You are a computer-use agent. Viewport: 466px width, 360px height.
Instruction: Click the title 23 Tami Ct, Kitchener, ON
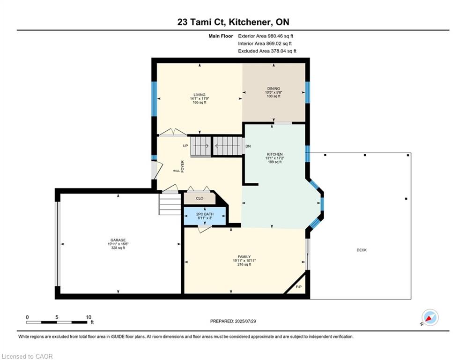(x=233, y=22)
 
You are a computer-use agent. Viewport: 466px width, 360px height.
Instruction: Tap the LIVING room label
(x=200, y=95)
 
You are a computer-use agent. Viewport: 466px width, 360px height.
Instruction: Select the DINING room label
(x=274, y=89)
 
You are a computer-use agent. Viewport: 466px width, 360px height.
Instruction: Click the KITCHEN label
(x=274, y=154)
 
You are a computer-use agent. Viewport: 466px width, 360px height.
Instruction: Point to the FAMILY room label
(x=244, y=257)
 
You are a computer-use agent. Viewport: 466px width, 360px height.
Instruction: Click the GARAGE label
(x=118, y=240)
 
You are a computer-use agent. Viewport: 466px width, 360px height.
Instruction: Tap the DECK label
(x=362, y=250)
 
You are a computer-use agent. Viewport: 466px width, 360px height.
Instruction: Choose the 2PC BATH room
(x=205, y=216)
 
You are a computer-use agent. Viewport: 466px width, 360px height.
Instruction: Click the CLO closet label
(x=200, y=198)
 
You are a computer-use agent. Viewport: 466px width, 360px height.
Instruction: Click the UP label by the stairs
(x=185, y=146)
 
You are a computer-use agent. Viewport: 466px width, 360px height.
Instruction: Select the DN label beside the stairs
(x=248, y=146)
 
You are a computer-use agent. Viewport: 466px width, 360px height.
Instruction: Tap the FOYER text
(x=183, y=166)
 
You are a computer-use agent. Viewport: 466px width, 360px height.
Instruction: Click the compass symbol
(x=430, y=317)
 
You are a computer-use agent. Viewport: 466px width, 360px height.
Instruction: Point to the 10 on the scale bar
(x=89, y=317)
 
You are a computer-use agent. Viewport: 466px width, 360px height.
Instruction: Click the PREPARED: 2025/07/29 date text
(x=233, y=321)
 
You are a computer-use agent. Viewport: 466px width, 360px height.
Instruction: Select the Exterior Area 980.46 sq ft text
(x=266, y=36)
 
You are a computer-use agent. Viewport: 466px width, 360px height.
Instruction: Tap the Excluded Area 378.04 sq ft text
(x=267, y=51)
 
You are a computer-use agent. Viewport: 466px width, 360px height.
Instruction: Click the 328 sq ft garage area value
(x=118, y=248)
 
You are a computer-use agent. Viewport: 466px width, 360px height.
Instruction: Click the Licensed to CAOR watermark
(x=27, y=356)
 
